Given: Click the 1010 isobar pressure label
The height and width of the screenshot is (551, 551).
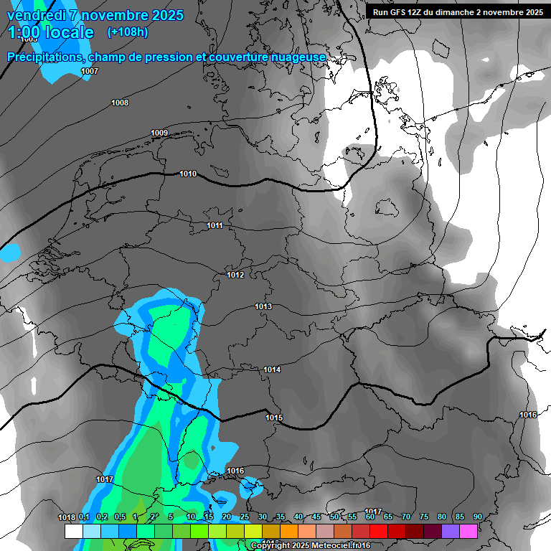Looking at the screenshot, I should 188,174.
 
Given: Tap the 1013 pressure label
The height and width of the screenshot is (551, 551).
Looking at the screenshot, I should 263,307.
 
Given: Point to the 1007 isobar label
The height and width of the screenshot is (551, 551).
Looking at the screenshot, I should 90,71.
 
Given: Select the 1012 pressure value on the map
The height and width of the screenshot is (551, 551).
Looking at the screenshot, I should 235,275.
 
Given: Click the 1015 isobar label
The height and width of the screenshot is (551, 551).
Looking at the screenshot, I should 274,418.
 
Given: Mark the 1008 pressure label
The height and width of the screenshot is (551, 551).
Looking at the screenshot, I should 120,103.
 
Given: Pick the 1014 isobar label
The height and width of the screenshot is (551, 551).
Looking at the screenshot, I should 272,369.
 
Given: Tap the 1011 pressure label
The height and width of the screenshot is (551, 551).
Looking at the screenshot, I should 215,226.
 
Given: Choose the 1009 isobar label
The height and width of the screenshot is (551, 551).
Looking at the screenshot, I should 159,133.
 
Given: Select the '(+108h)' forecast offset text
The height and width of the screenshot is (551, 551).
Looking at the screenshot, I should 128,32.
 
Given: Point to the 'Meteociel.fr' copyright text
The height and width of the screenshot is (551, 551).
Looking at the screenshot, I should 336,546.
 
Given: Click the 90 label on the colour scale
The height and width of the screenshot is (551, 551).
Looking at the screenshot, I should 477,517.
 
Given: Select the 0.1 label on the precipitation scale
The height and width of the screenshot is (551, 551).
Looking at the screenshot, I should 84,517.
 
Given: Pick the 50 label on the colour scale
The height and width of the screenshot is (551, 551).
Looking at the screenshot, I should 334,517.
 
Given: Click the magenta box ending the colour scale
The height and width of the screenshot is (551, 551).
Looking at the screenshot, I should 468,531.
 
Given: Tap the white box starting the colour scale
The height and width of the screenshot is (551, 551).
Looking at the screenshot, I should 73,531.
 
